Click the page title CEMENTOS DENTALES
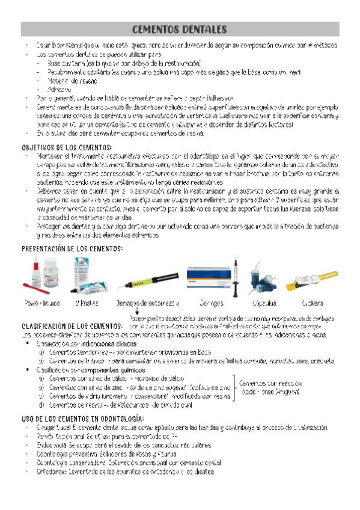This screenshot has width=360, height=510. [x=179, y=29]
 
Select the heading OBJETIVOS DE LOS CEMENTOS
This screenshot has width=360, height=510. [x=67, y=147]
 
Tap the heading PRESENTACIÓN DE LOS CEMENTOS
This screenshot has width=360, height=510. [x=72, y=248]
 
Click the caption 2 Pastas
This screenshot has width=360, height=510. [x=87, y=303]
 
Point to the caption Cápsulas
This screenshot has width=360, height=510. [x=264, y=303]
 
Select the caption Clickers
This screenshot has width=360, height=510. [x=313, y=303]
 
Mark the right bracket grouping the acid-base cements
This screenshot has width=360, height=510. [x=234, y=386]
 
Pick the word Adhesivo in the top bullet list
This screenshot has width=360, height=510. [x=59, y=89]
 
